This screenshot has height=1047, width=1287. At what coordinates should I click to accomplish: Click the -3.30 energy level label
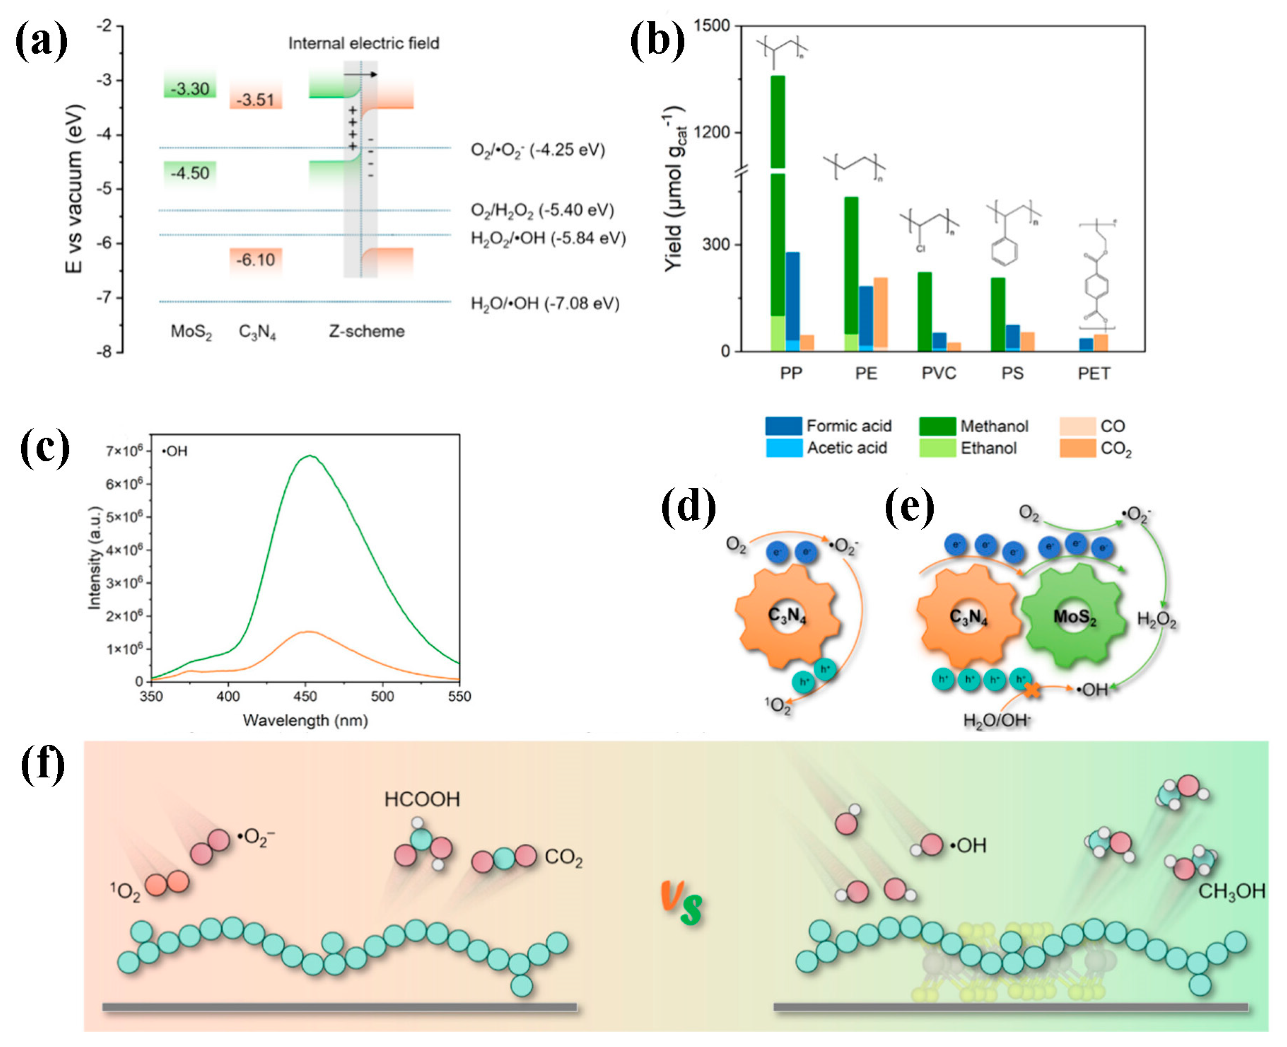coord(189,89)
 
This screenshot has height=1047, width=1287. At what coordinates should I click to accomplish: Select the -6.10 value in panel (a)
coord(255,260)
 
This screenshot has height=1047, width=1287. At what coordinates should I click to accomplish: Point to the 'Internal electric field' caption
coord(363,43)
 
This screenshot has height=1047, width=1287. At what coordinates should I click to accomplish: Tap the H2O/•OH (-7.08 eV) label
coord(545,303)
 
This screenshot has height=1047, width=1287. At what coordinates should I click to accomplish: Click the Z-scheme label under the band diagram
coord(366,331)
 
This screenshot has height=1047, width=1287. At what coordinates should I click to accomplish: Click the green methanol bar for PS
coord(998,314)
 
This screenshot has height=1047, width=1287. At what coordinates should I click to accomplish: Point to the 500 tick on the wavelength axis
coord(382,697)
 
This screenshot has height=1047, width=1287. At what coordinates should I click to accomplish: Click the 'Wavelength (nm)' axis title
coord(305,720)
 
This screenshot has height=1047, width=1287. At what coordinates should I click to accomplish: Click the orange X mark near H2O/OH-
coord(1032,690)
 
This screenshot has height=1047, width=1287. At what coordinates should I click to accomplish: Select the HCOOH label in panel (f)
coord(422,799)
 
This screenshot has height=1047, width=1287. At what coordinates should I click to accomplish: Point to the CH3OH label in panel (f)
coord(1231,891)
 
